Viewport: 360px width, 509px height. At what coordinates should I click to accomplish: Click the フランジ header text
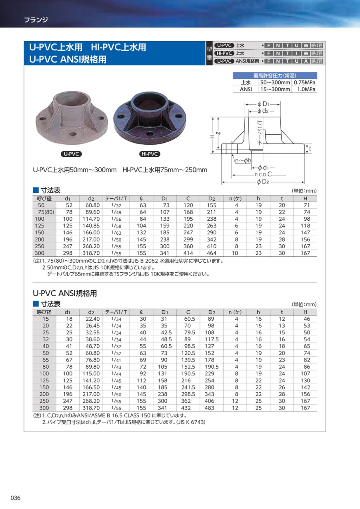coord(36,19)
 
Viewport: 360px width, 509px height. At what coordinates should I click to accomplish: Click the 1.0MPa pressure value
coord(307,90)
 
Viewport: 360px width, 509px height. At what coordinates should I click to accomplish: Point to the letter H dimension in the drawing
coord(212,136)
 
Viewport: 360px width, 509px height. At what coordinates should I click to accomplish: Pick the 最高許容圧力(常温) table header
coord(275,76)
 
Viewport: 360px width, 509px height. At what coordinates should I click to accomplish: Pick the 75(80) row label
coord(46,212)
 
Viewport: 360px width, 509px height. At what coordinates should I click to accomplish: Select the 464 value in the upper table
coord(211,253)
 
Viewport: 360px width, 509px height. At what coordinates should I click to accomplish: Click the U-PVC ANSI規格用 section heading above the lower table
coord(64,293)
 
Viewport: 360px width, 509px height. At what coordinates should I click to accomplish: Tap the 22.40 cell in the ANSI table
coord(92,319)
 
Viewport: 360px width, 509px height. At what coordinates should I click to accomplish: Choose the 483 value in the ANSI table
coord(209,408)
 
